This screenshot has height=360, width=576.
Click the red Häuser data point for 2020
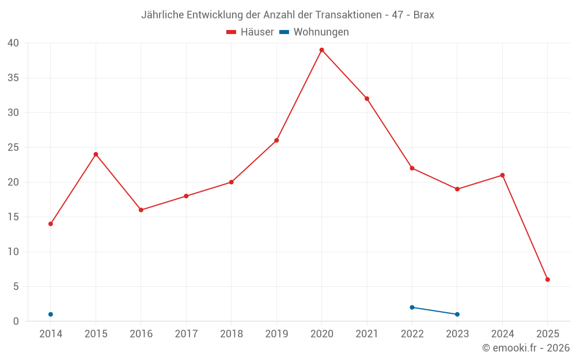pos(321,50)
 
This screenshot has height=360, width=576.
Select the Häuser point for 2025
pos(547,279)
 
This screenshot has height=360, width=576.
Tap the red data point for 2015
pos(96,154)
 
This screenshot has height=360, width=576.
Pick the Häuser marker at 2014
pos(51,223)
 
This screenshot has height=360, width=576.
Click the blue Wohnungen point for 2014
pos(51,314)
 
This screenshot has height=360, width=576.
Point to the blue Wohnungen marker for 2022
pos(412,307)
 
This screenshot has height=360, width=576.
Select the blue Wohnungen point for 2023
pos(457,314)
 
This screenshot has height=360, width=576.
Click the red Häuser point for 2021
pos(367,98)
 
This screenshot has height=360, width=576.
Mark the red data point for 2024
pos(502,175)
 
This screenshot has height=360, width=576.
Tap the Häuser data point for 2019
pos(276,141)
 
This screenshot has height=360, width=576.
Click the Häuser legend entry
pos(251,32)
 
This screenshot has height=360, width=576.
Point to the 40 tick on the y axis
pos(13,43)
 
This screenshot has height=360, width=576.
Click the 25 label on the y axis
pos(13,147)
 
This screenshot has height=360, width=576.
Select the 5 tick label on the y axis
pos(16,286)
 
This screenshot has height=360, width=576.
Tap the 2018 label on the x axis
pos(231,334)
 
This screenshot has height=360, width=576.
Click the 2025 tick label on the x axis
pos(547,334)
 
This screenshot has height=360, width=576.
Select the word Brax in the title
pos(423,15)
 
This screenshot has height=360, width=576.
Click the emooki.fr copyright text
pos(526,348)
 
